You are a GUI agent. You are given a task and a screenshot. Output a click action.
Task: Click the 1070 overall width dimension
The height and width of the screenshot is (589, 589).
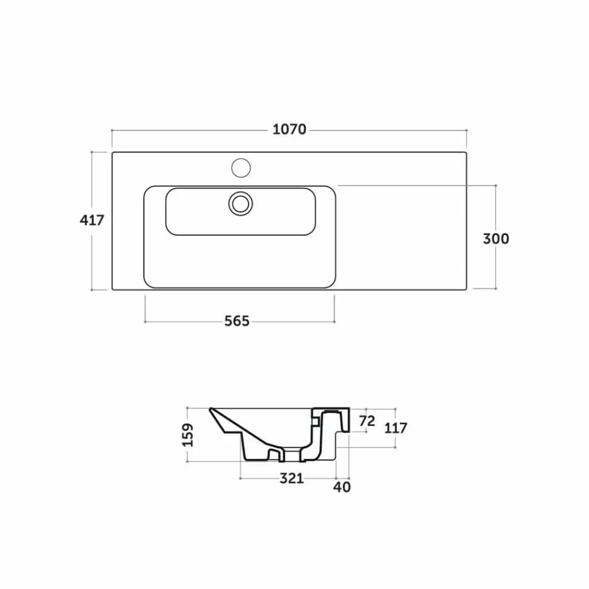tap(289, 130)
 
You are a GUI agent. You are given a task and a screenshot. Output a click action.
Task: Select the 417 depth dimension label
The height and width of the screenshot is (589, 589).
tap(92, 220)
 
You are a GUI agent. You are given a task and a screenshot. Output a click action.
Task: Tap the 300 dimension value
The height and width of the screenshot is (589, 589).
tap(496, 239)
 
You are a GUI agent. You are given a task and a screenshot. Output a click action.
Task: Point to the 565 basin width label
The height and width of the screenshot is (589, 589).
tap(237, 321)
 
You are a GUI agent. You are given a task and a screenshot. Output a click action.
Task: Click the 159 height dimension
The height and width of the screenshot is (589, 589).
tap(188, 435)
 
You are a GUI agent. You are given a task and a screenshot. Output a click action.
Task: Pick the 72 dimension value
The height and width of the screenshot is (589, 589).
tap(367, 421)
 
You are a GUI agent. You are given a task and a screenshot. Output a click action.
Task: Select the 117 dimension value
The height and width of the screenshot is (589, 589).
tap(396, 428)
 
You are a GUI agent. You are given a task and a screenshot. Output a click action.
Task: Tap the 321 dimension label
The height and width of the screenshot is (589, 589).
tap(292, 478)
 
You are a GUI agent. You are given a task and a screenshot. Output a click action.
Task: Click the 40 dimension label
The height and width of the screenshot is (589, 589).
tap(342, 487)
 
